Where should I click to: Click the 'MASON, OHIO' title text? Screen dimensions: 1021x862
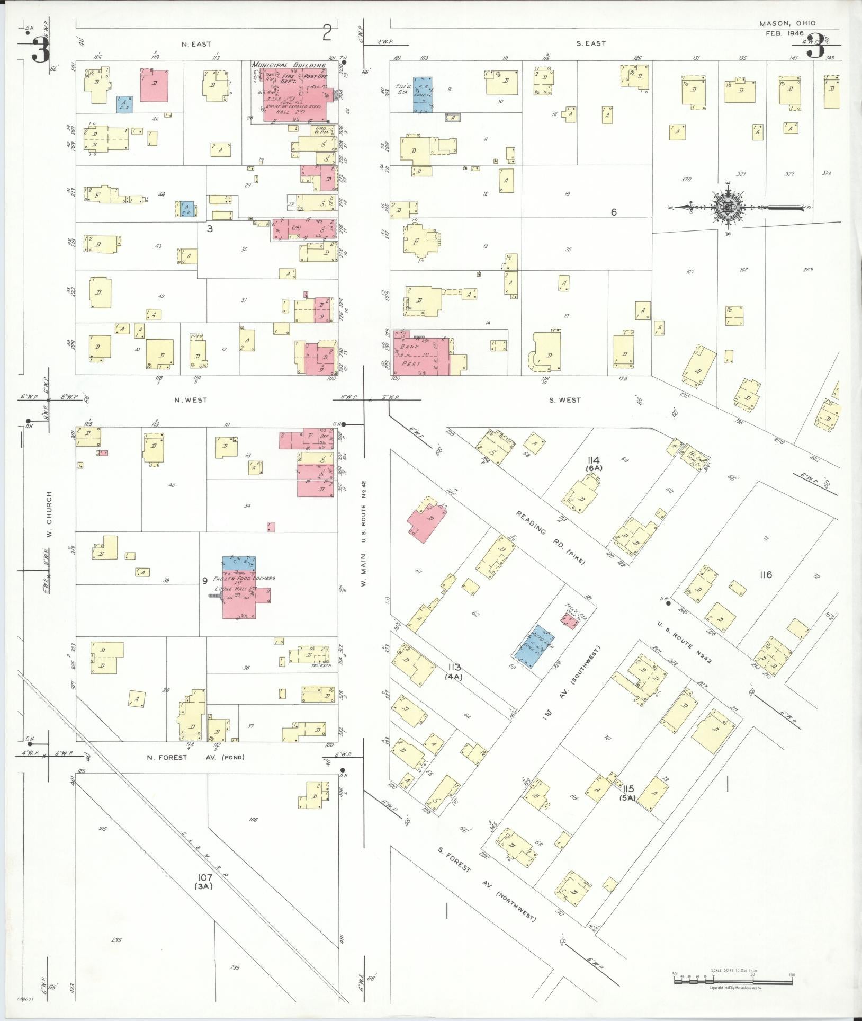(787, 23)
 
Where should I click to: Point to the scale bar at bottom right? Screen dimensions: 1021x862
(733, 981)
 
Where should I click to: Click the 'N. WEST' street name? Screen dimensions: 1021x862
(191, 400)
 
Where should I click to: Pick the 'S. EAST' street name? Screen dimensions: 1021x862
(591, 43)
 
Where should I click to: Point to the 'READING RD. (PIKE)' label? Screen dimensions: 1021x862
(551, 537)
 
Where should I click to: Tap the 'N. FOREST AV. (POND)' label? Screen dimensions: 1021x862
(195, 757)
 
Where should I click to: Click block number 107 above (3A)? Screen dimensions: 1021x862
(204, 877)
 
